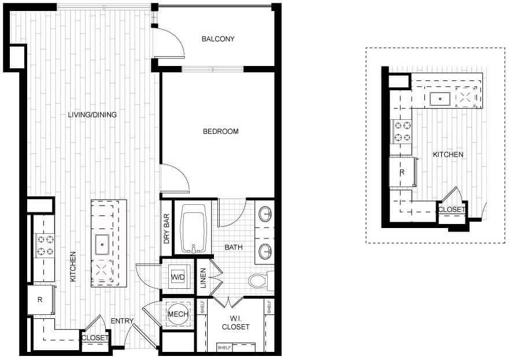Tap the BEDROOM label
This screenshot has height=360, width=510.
[220, 131]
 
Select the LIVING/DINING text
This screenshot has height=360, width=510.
[93, 115]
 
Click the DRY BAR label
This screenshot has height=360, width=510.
[167, 229]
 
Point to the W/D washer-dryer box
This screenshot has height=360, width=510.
[177, 278]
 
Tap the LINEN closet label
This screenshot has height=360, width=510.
[203, 278]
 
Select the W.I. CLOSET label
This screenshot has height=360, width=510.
[235, 323]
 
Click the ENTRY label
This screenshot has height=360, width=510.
[123, 321]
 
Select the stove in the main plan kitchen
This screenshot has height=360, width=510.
[43, 245]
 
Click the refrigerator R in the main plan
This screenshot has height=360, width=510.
[39, 300]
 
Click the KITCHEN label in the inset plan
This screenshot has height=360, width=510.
[448, 155]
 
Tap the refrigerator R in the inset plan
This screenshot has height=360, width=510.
[401, 172]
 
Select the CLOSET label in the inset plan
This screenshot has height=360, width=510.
[452, 210]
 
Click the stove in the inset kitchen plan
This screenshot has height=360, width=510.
[401, 131]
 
